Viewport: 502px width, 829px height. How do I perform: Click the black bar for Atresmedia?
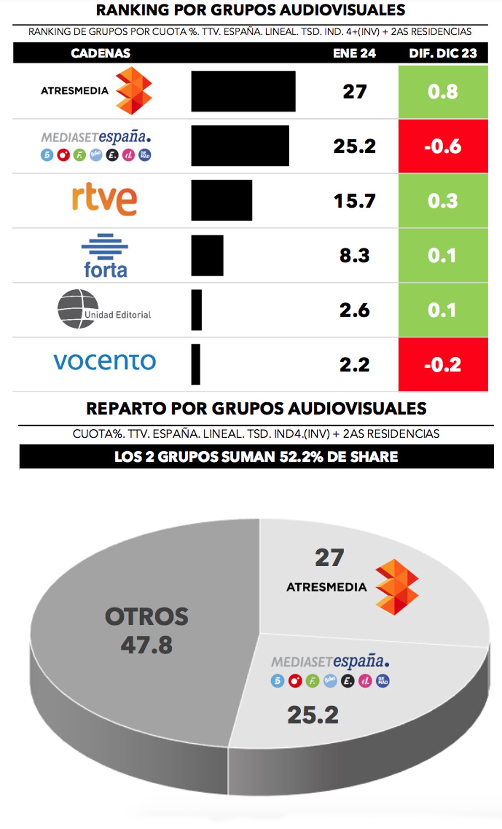243,91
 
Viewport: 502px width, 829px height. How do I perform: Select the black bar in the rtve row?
221,200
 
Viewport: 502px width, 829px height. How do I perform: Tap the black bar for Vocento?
196,364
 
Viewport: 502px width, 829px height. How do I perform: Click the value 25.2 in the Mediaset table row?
354,146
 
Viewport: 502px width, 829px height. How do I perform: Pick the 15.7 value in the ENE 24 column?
354,201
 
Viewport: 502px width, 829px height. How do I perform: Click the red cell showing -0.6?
443,146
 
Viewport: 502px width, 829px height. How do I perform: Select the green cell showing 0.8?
443,91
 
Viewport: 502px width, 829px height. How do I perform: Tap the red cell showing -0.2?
443,364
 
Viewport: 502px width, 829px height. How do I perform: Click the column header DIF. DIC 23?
443,53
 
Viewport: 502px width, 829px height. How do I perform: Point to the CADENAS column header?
100,53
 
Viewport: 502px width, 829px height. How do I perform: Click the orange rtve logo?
105,199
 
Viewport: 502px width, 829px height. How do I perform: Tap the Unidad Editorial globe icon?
78,309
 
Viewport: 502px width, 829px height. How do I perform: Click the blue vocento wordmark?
105,361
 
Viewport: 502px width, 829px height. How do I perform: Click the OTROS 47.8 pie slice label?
146,631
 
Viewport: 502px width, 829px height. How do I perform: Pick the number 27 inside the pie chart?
329,558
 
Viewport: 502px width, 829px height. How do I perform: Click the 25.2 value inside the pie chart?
313,715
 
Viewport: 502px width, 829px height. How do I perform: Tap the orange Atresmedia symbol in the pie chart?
396,587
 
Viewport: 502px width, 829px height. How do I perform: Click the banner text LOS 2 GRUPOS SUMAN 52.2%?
256,456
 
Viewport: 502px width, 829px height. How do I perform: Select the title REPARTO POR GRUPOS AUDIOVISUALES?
256,408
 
